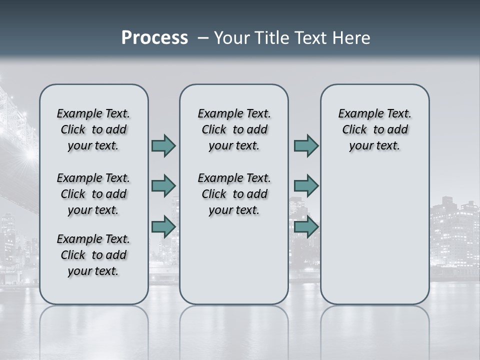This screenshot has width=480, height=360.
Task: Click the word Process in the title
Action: (x=154, y=38)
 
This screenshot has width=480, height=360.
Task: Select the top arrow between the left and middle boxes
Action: (x=163, y=145)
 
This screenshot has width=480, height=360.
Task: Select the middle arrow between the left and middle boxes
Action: (x=163, y=186)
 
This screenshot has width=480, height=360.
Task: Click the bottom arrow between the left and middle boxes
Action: (x=163, y=226)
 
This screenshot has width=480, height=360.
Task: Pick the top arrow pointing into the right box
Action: (x=306, y=145)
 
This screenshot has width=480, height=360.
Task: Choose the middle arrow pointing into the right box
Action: (x=306, y=186)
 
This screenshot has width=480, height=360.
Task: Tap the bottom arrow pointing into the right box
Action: (x=306, y=226)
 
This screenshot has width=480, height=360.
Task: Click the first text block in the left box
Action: (x=93, y=129)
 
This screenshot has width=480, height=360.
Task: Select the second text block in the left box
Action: (x=93, y=194)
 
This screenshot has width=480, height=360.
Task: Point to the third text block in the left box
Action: (x=93, y=255)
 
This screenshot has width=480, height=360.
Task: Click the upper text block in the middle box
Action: (x=234, y=129)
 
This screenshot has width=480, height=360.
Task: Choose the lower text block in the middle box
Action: (x=234, y=194)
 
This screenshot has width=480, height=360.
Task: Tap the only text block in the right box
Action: (x=374, y=129)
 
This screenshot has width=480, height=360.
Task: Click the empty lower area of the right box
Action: (x=374, y=235)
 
